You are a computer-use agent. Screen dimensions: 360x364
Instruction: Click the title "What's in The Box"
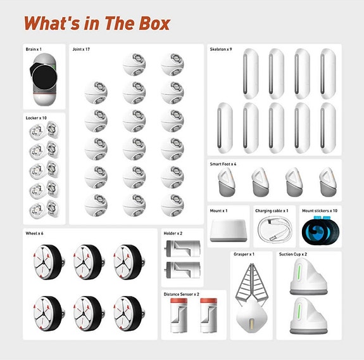(96, 23)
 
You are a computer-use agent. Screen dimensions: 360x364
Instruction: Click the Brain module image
(44, 79)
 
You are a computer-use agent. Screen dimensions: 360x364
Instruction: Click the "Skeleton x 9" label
(221, 49)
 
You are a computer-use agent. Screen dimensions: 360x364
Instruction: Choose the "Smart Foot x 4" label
(223, 164)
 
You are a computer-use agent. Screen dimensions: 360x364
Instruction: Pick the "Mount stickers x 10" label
(320, 210)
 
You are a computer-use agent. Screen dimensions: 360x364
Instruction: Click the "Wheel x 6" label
(35, 233)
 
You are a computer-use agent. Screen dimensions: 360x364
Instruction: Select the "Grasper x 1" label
(243, 254)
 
